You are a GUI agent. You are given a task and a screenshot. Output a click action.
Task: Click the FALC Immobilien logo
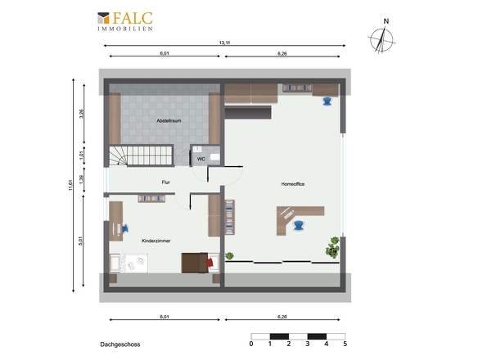[125, 21]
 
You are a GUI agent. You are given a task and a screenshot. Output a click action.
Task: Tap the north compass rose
[382, 39]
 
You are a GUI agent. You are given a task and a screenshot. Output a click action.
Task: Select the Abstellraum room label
[169, 121]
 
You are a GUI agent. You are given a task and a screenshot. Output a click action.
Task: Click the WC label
[201, 160]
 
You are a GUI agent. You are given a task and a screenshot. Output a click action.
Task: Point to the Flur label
[165, 182]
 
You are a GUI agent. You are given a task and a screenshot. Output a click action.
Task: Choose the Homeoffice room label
[293, 184]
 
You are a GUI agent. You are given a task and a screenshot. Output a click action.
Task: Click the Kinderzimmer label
[156, 241]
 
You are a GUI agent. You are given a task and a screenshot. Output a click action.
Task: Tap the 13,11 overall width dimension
[224, 43]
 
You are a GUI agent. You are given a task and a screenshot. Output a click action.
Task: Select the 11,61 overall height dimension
[70, 186]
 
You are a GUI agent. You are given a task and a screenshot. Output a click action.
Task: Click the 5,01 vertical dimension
[81, 241]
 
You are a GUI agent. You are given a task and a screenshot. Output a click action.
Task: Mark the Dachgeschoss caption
[120, 344]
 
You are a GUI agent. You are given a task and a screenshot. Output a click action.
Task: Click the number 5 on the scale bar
[345, 344]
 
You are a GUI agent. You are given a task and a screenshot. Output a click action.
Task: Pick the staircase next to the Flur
[141, 155]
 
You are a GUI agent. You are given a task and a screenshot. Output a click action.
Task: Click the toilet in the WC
[215, 157]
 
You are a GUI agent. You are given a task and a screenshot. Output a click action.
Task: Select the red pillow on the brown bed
[210, 263]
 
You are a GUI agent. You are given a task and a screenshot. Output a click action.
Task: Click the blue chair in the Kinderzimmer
[125, 228]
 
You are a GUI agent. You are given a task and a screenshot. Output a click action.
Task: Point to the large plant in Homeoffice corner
[332, 247]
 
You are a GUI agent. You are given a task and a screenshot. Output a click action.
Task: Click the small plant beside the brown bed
[229, 255]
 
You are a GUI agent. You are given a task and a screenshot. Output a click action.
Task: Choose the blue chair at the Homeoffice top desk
[327, 101]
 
